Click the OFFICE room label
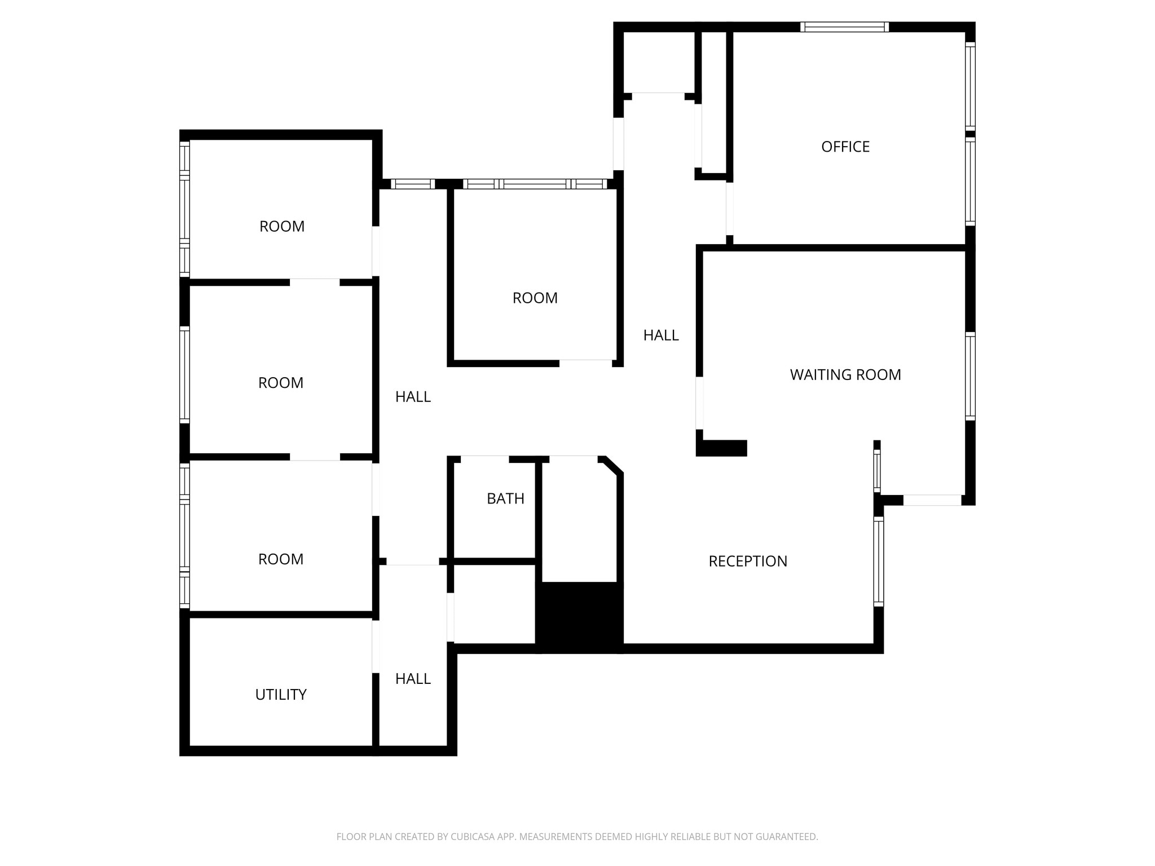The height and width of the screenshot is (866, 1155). (845, 147)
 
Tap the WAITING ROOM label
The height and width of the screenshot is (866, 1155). (845, 375)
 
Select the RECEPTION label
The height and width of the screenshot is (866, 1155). (747, 562)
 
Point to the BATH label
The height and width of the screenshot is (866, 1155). (505, 499)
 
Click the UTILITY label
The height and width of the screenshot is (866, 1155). (280, 695)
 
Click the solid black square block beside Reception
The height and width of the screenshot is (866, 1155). (579, 617)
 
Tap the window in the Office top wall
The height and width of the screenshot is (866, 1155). (844, 27)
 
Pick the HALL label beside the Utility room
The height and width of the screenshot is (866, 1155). (413, 679)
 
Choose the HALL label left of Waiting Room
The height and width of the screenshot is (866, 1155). (660, 335)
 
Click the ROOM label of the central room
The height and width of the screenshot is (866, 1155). (535, 298)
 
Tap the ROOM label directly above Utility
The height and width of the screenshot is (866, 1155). (280, 559)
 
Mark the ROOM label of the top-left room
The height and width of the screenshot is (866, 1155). (281, 227)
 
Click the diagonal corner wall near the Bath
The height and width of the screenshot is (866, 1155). (612, 465)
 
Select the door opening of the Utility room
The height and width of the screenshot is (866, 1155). (376, 646)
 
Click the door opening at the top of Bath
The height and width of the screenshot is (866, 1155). (484, 459)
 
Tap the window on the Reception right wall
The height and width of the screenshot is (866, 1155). (878, 562)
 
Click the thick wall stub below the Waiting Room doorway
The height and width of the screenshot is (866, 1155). (722, 448)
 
